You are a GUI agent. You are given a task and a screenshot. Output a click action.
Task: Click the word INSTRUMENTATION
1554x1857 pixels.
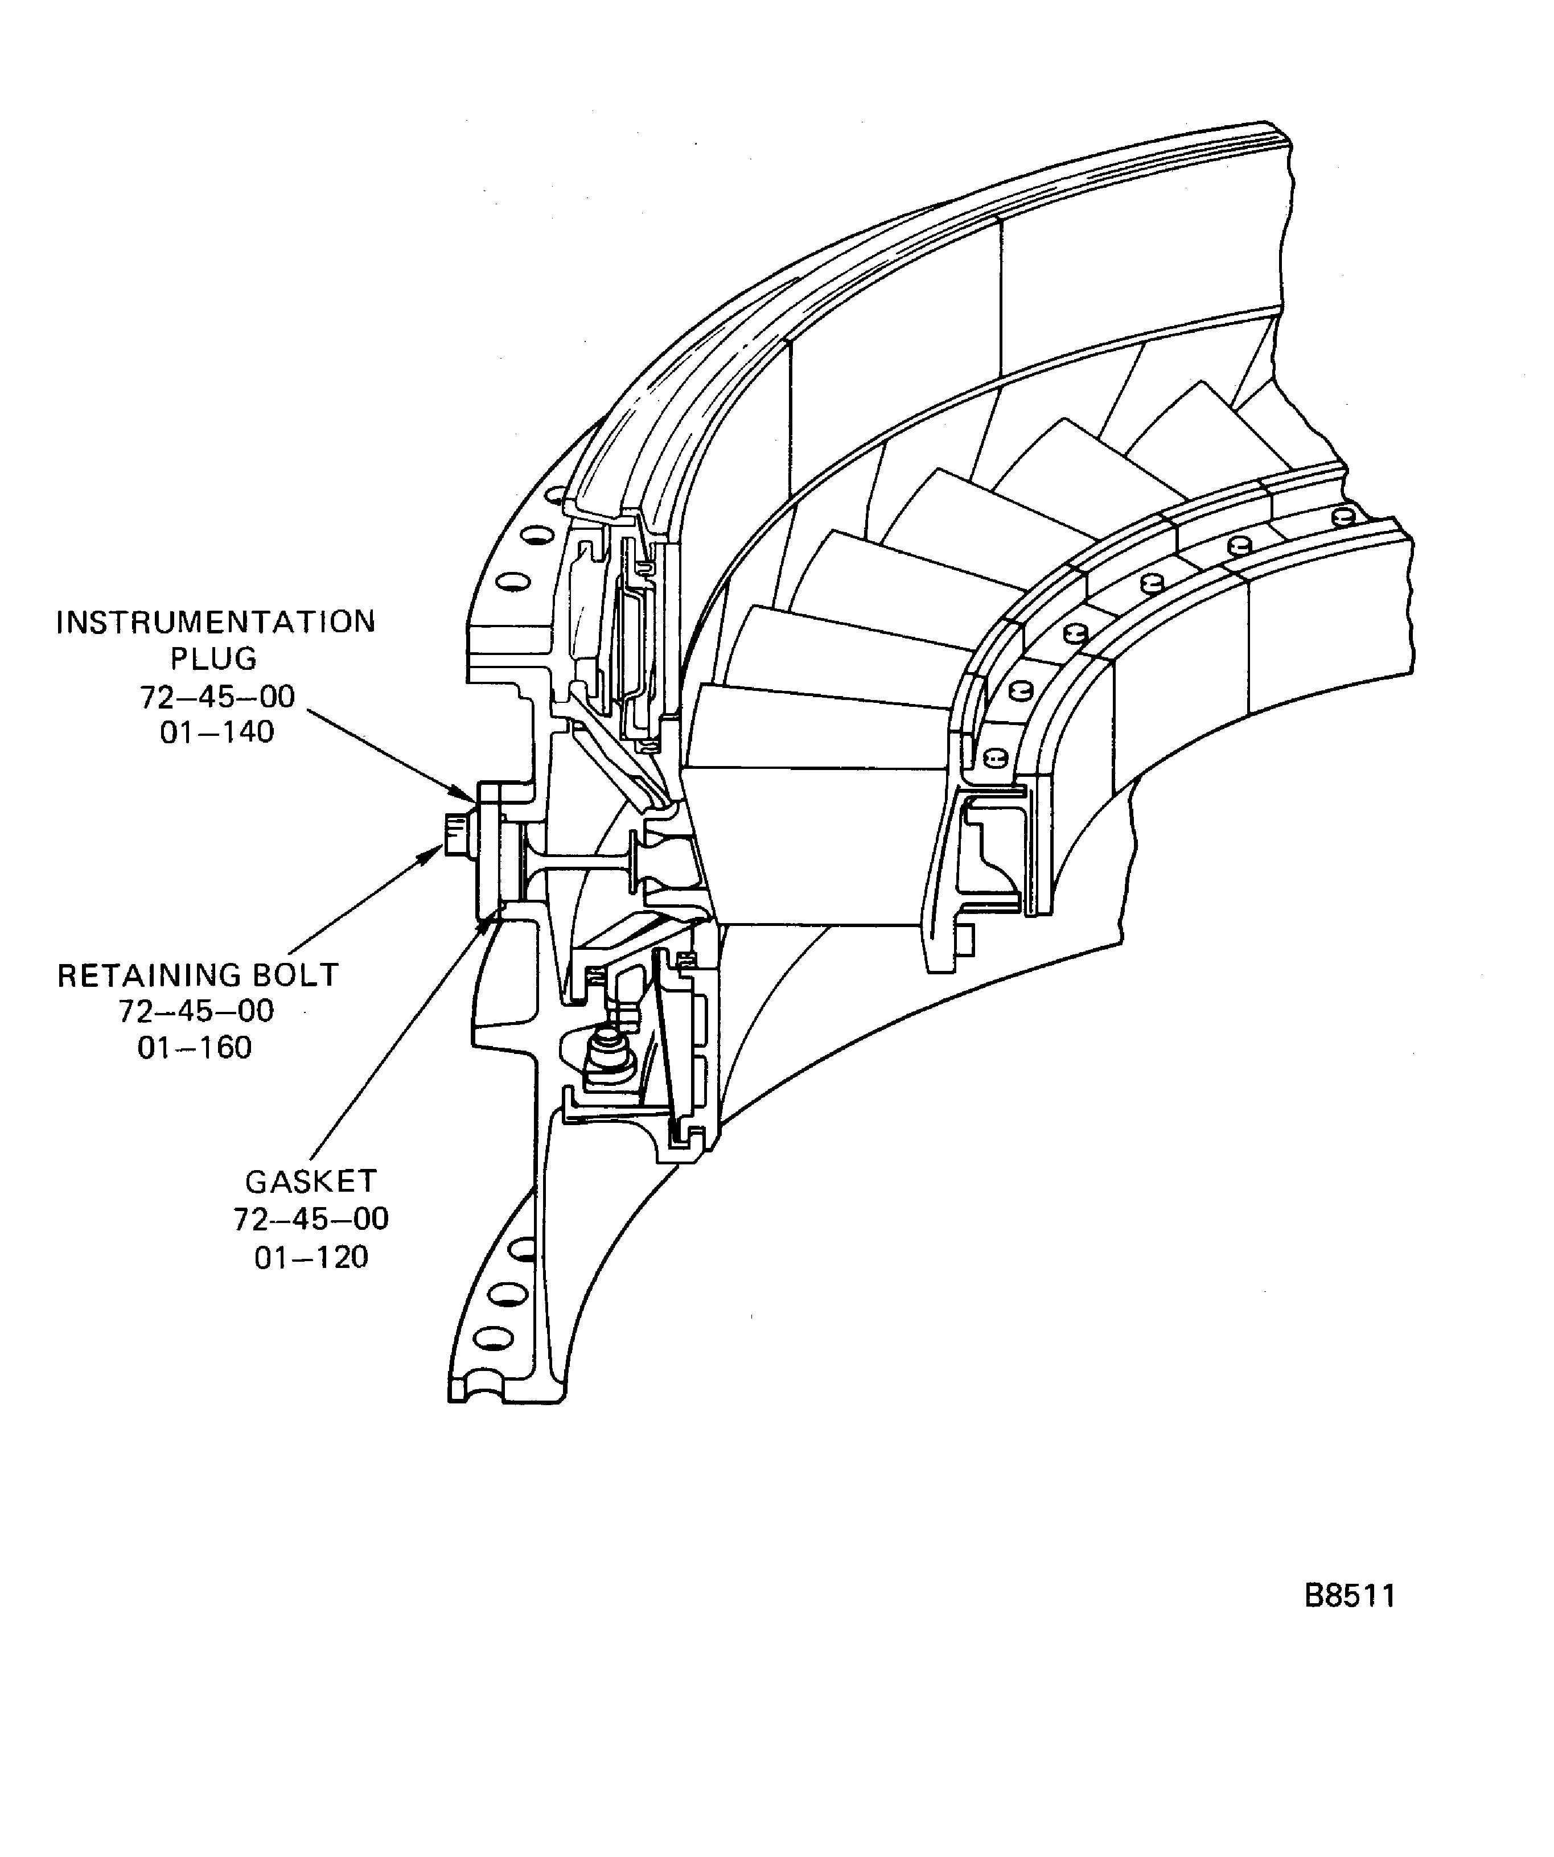tap(216, 623)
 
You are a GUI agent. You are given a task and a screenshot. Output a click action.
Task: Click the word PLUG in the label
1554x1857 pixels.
tap(214, 660)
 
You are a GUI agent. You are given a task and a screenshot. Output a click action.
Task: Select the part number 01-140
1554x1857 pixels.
tap(217, 733)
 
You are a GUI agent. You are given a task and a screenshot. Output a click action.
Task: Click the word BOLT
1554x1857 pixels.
tap(295, 975)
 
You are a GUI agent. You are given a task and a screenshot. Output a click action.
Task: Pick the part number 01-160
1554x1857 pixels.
tap(195, 1048)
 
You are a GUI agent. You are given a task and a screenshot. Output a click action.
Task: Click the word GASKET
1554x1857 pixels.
tap(311, 1182)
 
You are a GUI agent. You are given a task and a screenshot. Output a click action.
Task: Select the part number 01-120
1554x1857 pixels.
tap(311, 1258)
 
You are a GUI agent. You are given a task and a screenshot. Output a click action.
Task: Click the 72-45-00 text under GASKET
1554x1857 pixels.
tap(311, 1220)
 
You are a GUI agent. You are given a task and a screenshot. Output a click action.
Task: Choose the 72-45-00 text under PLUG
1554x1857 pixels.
tap(217, 697)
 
